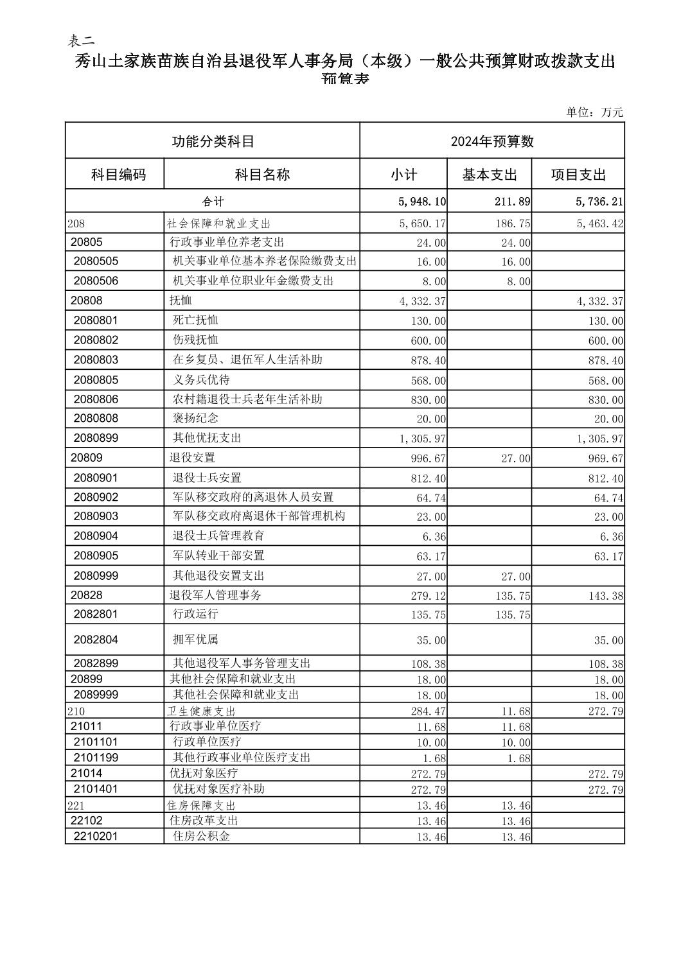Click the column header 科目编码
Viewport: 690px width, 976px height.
118,175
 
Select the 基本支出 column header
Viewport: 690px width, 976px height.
490,175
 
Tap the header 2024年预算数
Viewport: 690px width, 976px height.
492,141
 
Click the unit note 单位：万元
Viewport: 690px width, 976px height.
594,112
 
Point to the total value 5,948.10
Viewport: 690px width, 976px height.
422,202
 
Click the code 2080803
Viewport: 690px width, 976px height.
96,360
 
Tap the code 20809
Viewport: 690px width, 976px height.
87,458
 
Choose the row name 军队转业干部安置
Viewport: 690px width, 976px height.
218,555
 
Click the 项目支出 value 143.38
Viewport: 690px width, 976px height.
606,596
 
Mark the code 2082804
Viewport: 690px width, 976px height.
96,640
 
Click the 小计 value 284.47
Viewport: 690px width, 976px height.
429,711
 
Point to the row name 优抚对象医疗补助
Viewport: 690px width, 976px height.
218,789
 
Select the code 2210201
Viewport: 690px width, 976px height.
96,836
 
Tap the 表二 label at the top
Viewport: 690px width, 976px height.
81,40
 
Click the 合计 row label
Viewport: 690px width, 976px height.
213,202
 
